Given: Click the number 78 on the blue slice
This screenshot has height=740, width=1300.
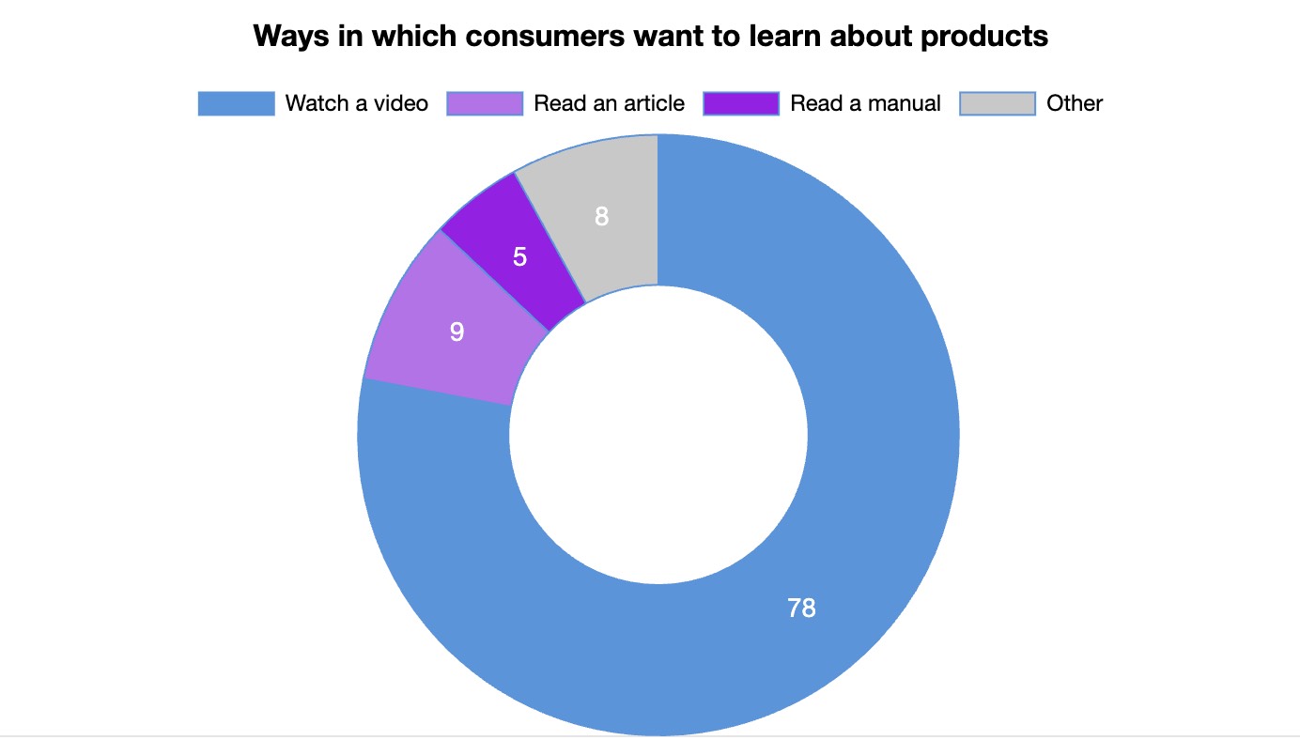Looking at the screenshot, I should point(801,609).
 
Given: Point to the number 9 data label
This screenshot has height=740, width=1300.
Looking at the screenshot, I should point(457,331).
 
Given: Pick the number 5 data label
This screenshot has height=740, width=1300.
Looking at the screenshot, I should point(519,256).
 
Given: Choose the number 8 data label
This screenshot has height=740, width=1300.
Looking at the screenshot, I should point(602,217).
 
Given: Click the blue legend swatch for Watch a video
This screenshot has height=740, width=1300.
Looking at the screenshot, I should point(236,103).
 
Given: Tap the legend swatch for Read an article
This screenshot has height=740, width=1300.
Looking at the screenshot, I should point(485,103).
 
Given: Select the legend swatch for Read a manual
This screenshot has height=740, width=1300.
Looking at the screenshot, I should point(741,103).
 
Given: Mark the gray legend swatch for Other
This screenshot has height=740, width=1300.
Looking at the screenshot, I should point(998,103).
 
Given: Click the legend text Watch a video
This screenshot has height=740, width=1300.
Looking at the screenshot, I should point(357,103).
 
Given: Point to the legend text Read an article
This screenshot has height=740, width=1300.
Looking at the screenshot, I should point(610,103).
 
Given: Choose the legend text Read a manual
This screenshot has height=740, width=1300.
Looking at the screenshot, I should point(865,103).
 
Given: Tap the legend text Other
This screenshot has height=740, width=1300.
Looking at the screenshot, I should point(1075,103).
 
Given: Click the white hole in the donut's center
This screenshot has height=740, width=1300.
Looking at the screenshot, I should point(658,434).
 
